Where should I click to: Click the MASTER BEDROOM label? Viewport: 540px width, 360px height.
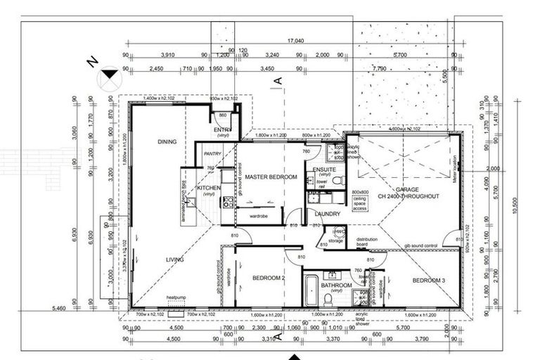point(271,176)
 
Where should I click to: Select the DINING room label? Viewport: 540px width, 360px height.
point(167,142)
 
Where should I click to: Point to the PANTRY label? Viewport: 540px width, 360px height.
point(212,153)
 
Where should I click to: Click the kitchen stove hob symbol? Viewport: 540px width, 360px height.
point(228,202)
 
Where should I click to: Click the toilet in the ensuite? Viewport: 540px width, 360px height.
point(337,181)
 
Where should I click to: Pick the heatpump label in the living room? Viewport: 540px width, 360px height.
point(176,297)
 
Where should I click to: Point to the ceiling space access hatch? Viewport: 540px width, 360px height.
point(360,200)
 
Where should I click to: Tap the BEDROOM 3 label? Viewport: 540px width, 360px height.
point(428,281)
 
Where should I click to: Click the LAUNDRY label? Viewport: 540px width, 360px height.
point(328,214)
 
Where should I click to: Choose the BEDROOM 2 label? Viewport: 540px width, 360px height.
point(268,278)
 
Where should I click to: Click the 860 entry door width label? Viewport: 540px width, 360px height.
point(222,115)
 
